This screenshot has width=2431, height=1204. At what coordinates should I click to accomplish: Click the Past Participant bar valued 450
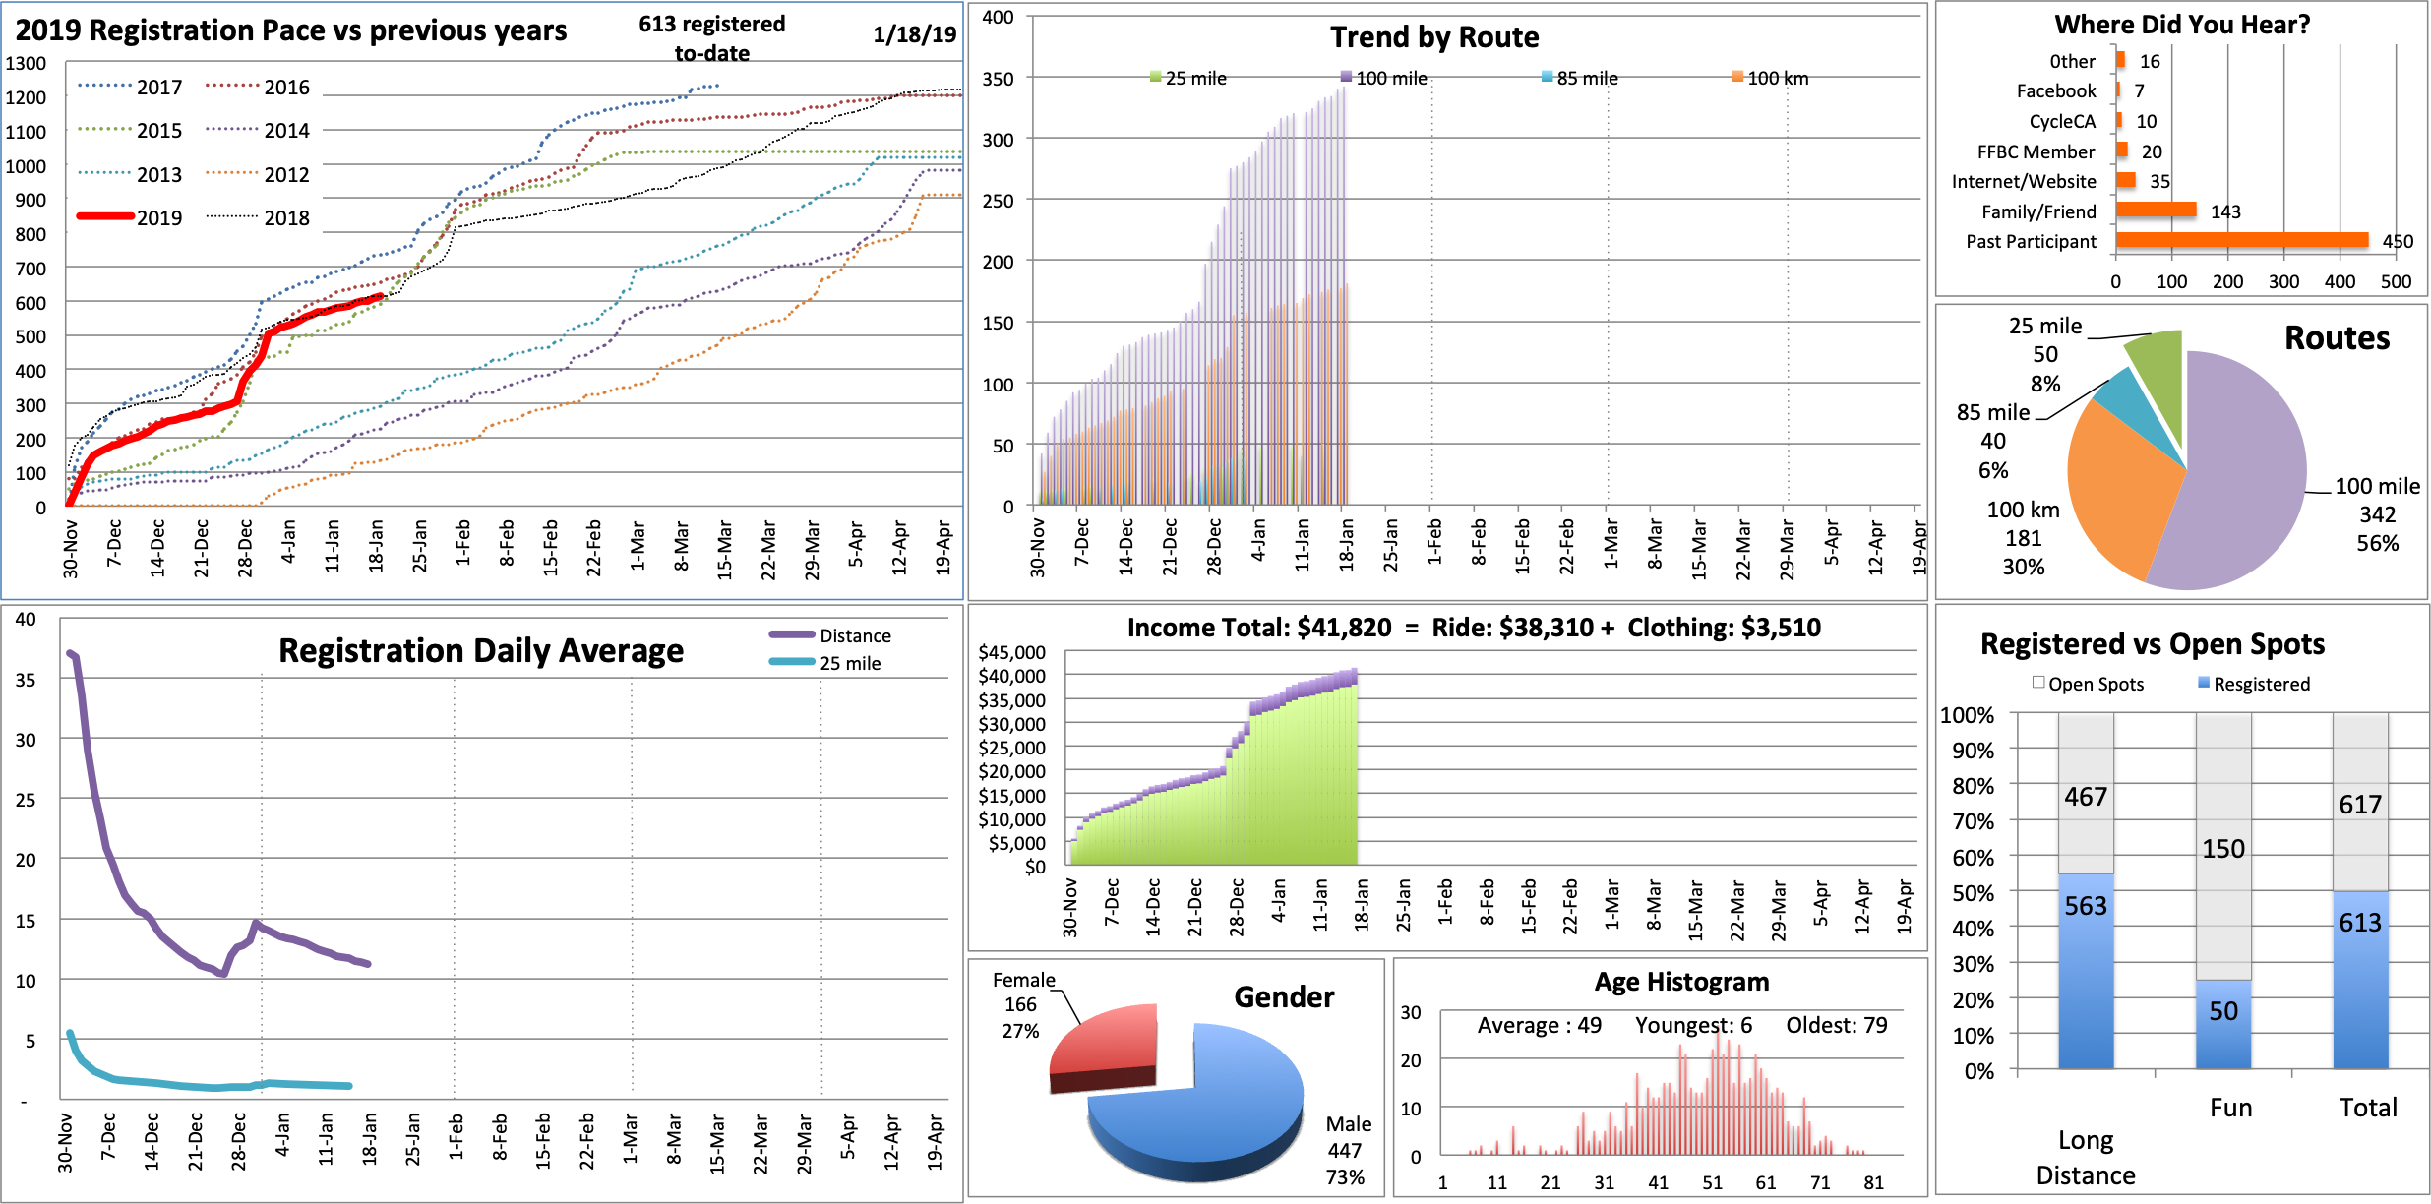click(x=2241, y=240)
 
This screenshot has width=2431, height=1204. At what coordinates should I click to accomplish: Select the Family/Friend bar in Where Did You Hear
click(x=2156, y=210)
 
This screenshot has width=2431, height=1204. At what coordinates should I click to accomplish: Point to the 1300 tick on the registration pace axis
click(x=27, y=63)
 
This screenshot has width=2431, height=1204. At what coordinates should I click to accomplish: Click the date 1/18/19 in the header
click(x=914, y=34)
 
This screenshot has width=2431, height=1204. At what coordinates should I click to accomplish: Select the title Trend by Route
click(x=1434, y=37)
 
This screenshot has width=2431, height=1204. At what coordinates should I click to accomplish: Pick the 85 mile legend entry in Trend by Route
click(x=1580, y=78)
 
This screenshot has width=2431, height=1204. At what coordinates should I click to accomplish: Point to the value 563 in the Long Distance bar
click(x=2086, y=905)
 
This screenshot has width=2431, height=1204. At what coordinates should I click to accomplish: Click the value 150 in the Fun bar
click(x=2223, y=848)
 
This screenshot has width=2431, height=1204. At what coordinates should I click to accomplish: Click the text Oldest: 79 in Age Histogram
click(x=1837, y=1025)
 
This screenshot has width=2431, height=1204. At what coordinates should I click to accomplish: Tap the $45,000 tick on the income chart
click(x=1011, y=652)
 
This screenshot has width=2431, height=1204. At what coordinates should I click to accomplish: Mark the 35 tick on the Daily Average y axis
click(x=26, y=680)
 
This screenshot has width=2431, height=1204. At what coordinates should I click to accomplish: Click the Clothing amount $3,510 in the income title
click(x=1780, y=628)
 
